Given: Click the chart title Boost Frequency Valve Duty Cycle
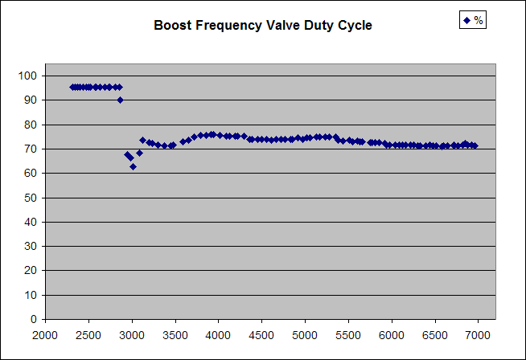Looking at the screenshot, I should tap(263, 26).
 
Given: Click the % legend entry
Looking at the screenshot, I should tap(472, 20).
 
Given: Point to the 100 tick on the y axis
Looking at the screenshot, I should tap(29, 76).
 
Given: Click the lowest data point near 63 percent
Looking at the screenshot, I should tap(133, 166).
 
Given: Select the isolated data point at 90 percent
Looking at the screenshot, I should tap(120, 100).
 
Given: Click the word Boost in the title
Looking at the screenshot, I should tap(171, 26).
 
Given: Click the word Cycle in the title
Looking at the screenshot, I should tap(355, 26).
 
